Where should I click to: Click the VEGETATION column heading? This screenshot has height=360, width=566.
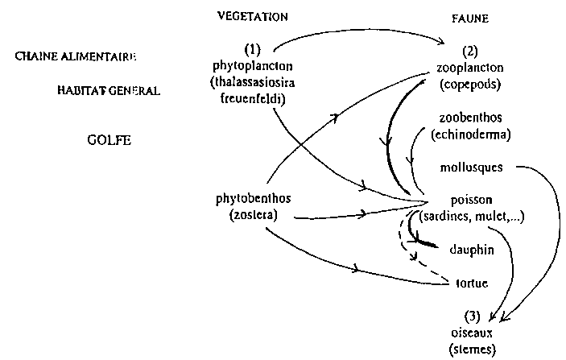[x=253, y=16]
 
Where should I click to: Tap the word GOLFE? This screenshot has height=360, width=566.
[x=108, y=139]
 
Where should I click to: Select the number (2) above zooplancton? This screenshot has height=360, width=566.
[x=464, y=54]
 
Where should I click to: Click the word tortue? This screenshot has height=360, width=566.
[x=471, y=283]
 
